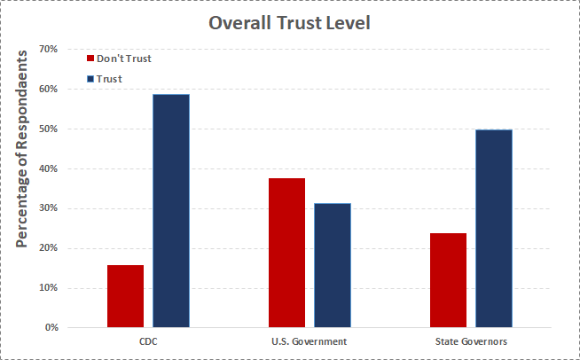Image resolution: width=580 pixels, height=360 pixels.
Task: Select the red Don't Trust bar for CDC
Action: pyautogui.click(x=125, y=296)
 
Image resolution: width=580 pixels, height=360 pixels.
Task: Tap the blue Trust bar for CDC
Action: pyautogui.click(x=171, y=211)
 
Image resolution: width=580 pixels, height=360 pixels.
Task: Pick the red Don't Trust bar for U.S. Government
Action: pyautogui.click(x=286, y=253)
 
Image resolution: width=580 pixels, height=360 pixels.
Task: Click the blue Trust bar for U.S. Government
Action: pyautogui.click(x=332, y=265)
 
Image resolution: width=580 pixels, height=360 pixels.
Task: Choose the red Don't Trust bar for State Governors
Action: pyautogui.click(x=448, y=280)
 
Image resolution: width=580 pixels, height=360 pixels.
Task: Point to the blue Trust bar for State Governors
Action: pyautogui.click(x=494, y=229)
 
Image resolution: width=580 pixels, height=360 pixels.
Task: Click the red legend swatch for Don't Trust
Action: pyautogui.click(x=90, y=59)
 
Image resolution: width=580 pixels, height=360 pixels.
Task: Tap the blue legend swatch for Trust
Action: pyautogui.click(x=90, y=79)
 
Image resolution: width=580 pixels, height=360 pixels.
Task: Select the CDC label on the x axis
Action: pyautogui.click(x=148, y=341)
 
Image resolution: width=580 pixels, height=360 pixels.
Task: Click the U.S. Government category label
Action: pyautogui.click(x=309, y=341)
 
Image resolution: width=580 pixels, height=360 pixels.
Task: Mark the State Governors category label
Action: pyautogui.click(x=471, y=341)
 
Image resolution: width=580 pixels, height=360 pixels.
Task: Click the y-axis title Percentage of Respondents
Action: pyautogui.click(x=22, y=147)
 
